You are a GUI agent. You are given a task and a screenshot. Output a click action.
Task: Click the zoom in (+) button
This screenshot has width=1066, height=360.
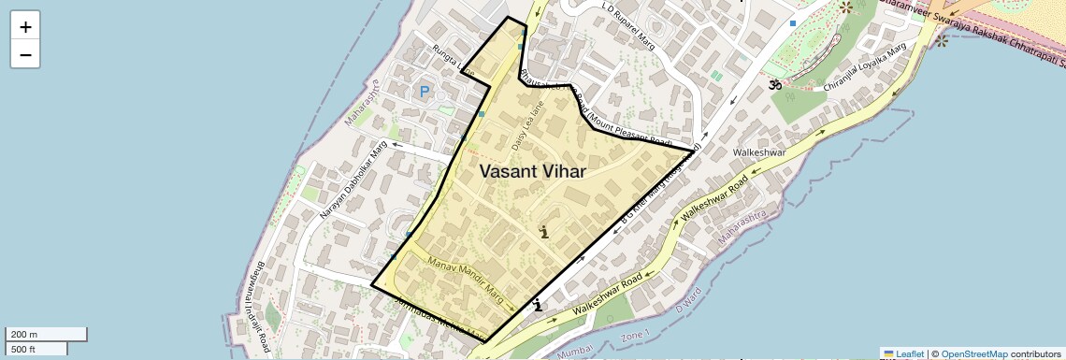click(25, 27)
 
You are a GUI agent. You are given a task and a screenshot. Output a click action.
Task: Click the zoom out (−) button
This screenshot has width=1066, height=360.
click(25, 54)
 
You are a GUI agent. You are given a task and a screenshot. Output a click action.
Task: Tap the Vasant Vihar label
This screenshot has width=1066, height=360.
click(532, 171)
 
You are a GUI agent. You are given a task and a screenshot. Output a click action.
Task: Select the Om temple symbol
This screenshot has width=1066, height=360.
click(774, 85)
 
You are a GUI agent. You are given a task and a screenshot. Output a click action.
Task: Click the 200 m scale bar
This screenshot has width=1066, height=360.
click(46, 334)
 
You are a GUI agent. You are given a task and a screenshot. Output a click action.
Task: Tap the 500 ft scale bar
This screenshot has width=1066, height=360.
click(36, 349)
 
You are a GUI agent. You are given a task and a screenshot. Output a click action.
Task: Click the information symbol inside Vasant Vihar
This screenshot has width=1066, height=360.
click(544, 231)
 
